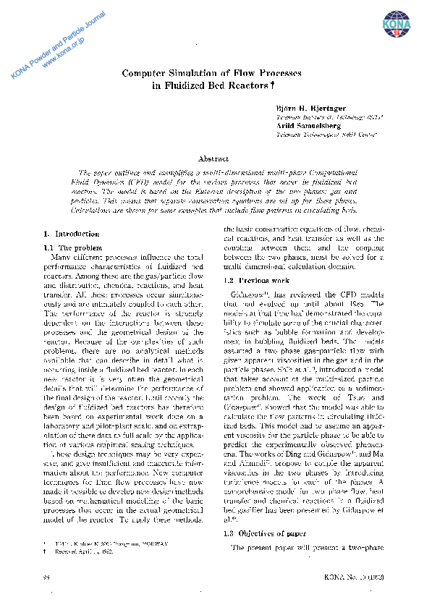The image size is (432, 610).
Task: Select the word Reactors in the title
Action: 244,86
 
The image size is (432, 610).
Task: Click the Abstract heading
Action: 213,158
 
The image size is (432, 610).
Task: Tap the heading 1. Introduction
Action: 72,234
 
